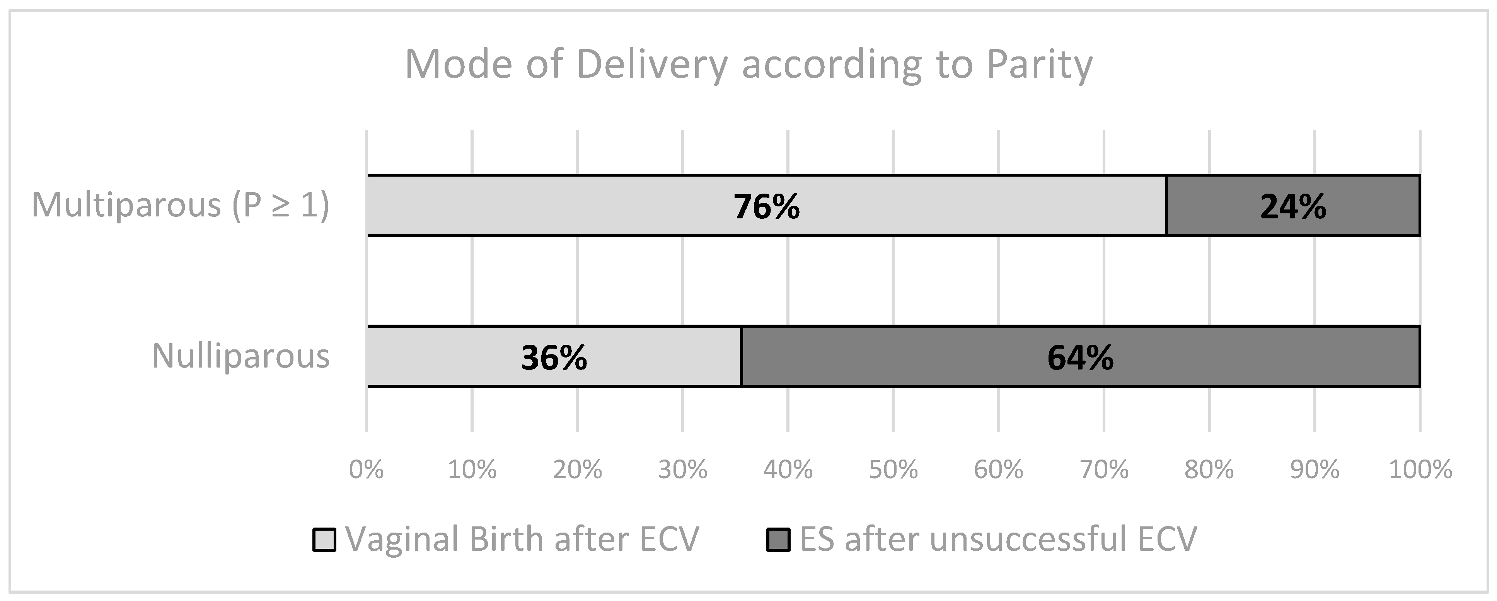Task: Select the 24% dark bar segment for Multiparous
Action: [1293, 206]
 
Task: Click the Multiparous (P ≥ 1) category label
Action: [180, 205]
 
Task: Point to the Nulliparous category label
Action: [240, 356]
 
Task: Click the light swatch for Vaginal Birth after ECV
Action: [324, 540]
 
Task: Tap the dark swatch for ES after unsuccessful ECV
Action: [778, 540]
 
